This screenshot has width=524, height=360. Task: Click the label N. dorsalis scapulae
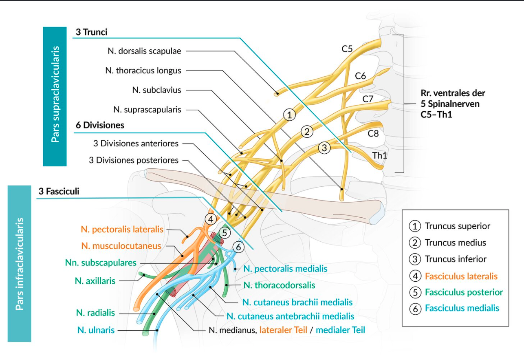pyautogui.click(x=144, y=51)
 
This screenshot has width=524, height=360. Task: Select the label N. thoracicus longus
pyautogui.click(x=143, y=71)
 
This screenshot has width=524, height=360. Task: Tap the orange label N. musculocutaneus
pyautogui.click(x=121, y=246)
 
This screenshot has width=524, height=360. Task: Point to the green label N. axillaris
pyautogui.click(x=95, y=280)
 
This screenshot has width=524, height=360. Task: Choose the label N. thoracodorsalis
pyautogui.click(x=279, y=285)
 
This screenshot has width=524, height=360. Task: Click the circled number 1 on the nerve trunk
pyautogui.click(x=289, y=115)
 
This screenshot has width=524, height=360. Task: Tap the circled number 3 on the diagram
pyautogui.click(x=324, y=148)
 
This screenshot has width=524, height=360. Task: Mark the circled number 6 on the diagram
pyautogui.click(x=239, y=247)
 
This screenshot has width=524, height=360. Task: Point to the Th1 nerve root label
pyautogui.click(x=379, y=155)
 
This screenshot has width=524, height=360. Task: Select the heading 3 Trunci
pyautogui.click(x=91, y=32)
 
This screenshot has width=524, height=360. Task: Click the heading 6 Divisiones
pyautogui.click(x=100, y=125)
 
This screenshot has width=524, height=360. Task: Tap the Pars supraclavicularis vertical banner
pyautogui.click(x=55, y=96)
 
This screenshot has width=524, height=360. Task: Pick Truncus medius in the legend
pyautogui.click(x=455, y=243)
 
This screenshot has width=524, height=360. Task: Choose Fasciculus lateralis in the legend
pyautogui.click(x=461, y=276)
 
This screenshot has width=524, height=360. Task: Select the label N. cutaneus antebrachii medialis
pyautogui.click(x=290, y=316)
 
